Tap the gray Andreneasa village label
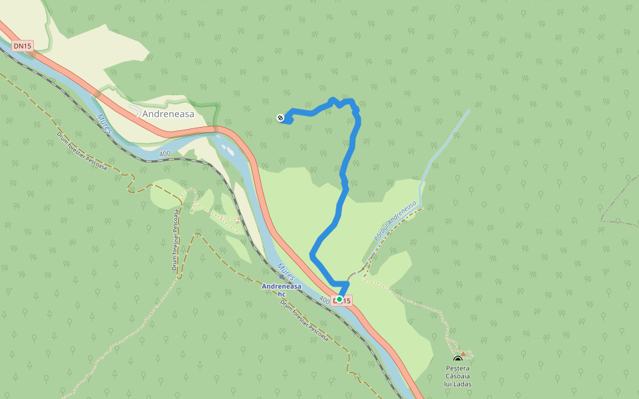(x=168, y=114)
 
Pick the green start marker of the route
(x=339, y=300)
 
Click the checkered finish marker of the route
(x=281, y=118)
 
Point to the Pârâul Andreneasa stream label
(x=395, y=221)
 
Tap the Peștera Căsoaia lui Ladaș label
(x=458, y=376)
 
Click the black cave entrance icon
(x=457, y=360)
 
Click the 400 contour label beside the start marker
(x=324, y=300)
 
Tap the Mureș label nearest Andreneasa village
(x=105, y=124)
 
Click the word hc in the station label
(x=282, y=294)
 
